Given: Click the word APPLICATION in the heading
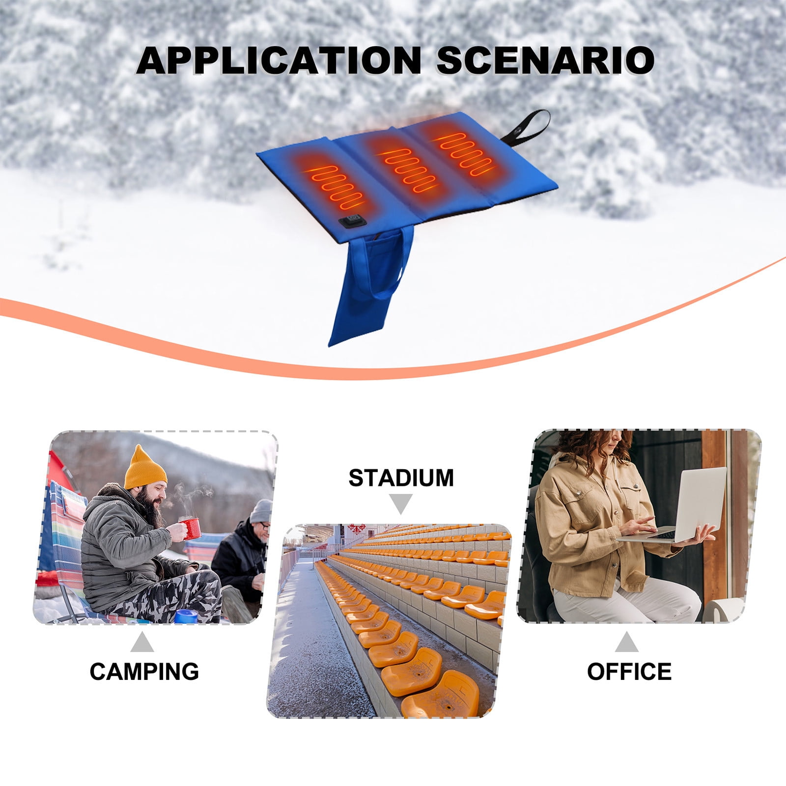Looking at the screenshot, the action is tap(279, 60).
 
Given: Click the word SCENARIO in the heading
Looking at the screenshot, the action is tap(545, 60).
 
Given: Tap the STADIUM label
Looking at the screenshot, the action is tap(401, 478).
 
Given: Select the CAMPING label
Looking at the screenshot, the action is tap(144, 671).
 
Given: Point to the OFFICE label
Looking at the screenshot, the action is tap(629, 671).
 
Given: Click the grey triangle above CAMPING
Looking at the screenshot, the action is tap(142, 642).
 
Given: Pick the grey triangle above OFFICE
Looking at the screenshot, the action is tap(627, 642).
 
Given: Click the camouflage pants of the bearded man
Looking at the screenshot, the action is tap(177, 597).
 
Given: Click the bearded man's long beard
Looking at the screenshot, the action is tap(155, 508).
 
